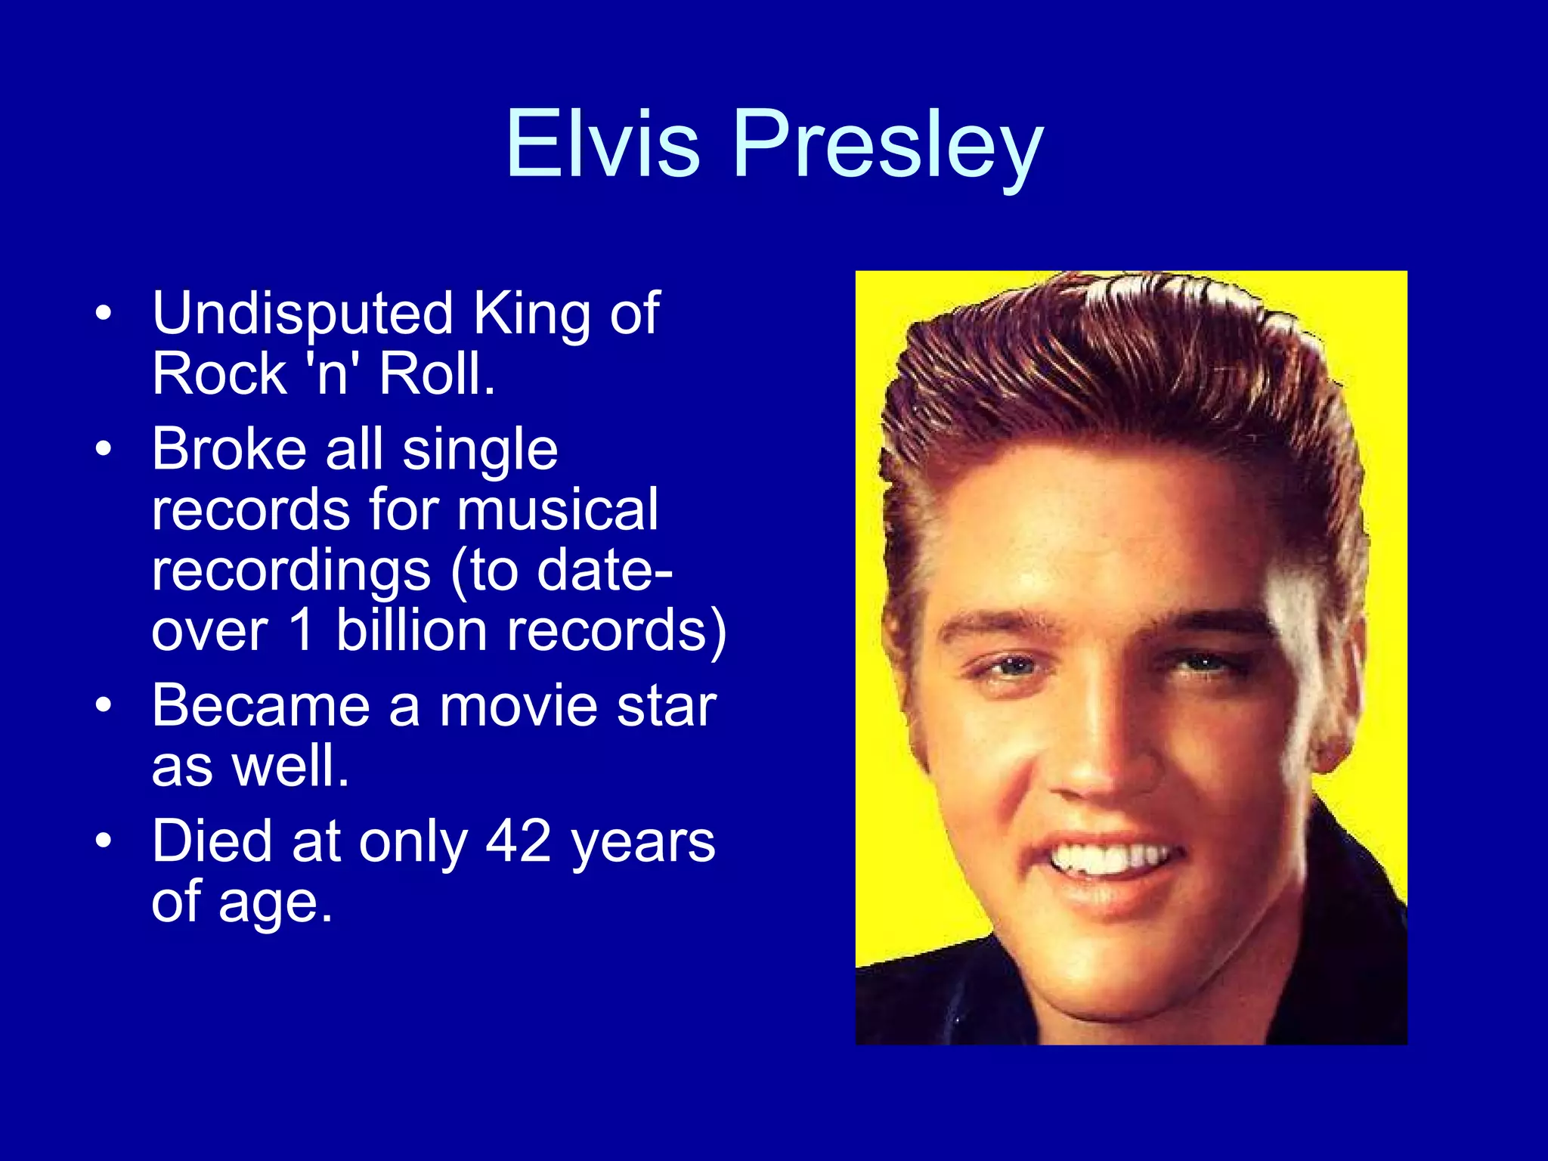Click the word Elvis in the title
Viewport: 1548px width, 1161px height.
(x=602, y=144)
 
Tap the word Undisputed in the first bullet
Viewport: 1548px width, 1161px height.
(x=302, y=314)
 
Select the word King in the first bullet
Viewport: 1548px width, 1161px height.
(x=531, y=314)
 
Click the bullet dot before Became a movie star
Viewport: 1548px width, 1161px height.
(x=104, y=706)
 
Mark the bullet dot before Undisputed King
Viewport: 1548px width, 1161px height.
(x=104, y=313)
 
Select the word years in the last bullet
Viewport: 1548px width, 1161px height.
(x=642, y=842)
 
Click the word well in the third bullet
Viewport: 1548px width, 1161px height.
(x=290, y=766)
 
